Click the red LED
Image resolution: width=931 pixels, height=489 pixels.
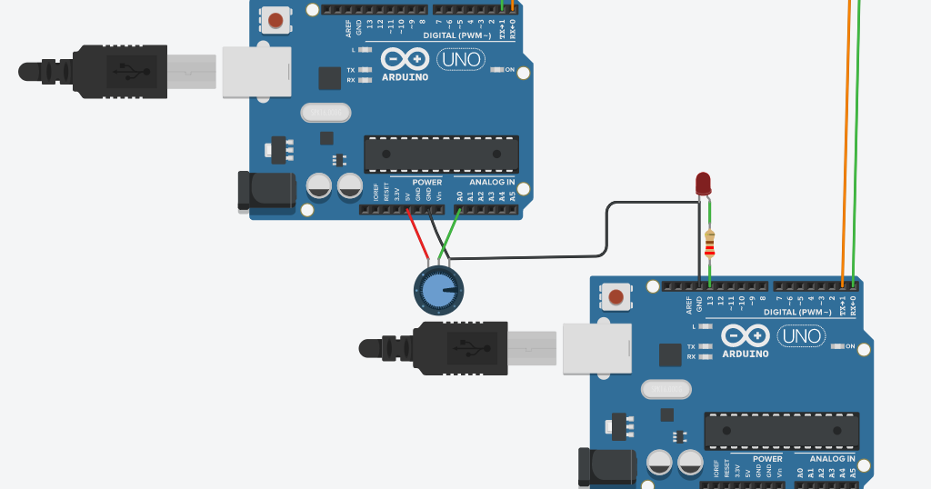[703, 184]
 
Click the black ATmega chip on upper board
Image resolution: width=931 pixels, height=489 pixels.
[442, 155]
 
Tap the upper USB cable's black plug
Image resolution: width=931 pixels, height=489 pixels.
[118, 71]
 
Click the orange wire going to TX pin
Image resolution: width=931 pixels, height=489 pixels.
[849, 136]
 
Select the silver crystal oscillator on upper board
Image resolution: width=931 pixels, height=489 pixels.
[325, 113]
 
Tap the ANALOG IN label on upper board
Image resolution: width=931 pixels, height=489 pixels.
[492, 182]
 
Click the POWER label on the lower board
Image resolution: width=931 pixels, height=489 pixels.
[767, 459]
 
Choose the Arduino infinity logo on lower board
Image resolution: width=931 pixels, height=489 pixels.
[746, 336]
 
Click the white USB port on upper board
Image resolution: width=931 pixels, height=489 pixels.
[256, 71]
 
